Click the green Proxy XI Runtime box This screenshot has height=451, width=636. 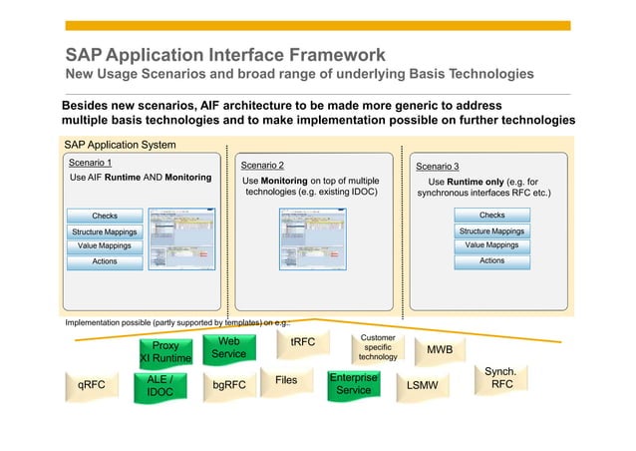(164, 352)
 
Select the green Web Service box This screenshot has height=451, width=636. (228, 347)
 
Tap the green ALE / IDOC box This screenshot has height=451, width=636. (159, 386)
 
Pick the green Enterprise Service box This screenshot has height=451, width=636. (353, 384)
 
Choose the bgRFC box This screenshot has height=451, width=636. (229, 384)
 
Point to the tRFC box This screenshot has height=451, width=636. (302, 342)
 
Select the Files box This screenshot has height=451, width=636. (286, 380)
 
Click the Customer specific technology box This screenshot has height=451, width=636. (378, 348)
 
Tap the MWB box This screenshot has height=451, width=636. (440, 350)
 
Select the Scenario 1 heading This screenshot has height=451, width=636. (89, 162)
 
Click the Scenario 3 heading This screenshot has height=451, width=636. (437, 166)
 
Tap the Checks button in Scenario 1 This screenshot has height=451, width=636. (105, 216)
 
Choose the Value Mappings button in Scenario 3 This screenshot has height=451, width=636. (491, 245)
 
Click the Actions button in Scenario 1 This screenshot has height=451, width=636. (105, 261)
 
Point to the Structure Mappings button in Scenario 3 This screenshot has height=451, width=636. (491, 230)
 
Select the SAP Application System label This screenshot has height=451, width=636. (120, 145)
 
